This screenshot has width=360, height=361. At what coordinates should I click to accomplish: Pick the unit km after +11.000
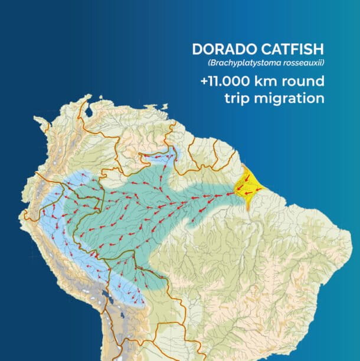tap(273, 82)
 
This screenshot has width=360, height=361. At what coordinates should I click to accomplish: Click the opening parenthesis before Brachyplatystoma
tap(208, 63)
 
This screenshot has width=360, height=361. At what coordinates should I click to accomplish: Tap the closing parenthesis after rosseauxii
tap(323, 63)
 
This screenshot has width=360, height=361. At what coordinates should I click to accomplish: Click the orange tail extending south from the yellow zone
tap(251, 206)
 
